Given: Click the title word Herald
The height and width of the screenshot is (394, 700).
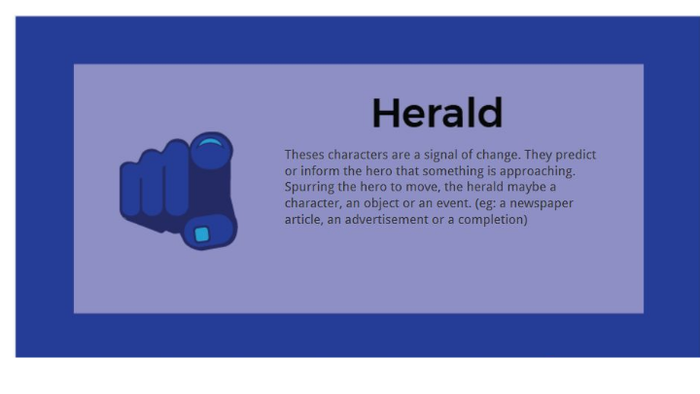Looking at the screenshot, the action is click(x=437, y=114).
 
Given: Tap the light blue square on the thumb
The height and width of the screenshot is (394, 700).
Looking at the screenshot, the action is click(x=202, y=234).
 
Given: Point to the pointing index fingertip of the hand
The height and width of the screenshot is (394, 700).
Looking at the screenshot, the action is click(x=211, y=150).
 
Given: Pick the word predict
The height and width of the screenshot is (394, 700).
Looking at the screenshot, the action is click(x=576, y=155).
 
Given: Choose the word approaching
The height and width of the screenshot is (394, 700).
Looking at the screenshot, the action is click(x=538, y=171).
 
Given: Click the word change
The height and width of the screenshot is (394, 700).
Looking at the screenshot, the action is click(x=498, y=155).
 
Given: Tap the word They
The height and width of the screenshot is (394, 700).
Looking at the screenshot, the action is click(x=538, y=155).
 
